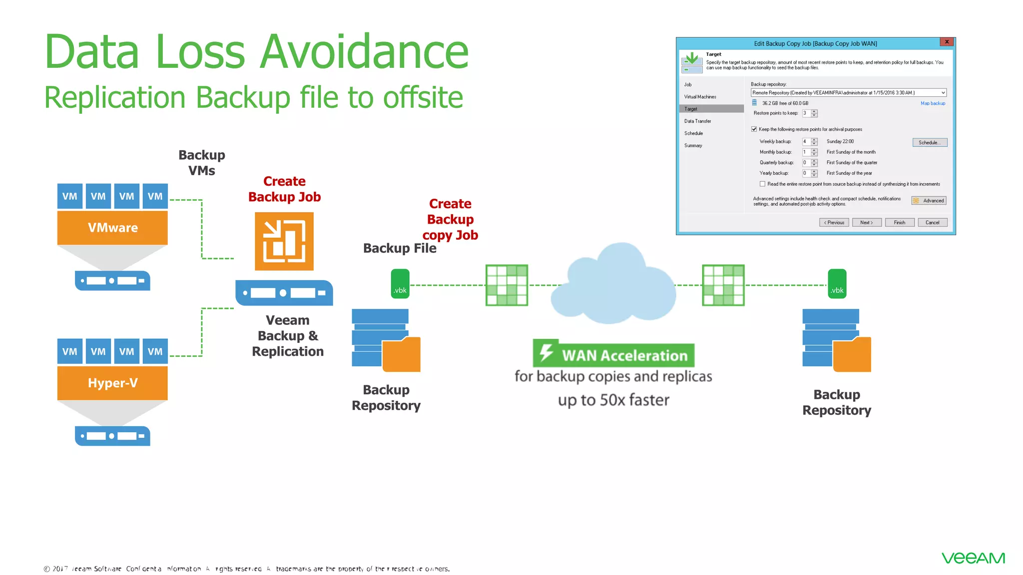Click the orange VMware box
112,228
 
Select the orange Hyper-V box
112,383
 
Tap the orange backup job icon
284,241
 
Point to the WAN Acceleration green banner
613,355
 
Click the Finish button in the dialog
899,223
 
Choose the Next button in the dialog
866,223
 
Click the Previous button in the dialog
834,223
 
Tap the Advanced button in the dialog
929,201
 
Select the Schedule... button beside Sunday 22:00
930,143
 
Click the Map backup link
933,103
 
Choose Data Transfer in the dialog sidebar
697,121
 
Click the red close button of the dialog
947,42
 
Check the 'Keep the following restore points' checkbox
754,129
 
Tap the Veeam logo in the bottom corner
973,558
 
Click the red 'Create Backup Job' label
284,189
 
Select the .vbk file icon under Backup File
400,284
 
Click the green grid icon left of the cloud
507,285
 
